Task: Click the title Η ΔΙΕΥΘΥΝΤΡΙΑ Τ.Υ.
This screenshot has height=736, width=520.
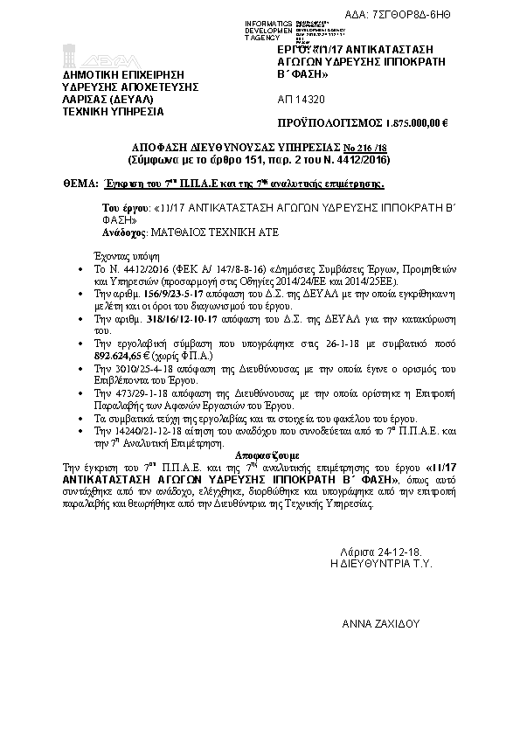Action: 376,564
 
